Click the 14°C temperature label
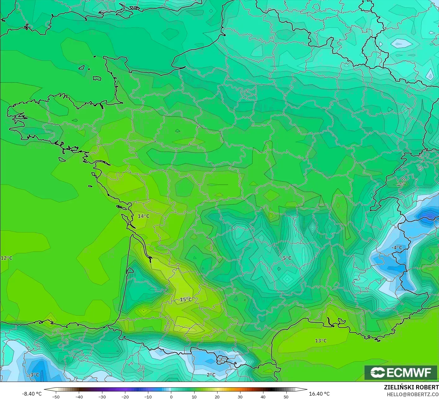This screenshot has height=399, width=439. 143,216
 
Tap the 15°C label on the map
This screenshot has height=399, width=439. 186,299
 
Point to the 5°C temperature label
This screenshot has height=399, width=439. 287,258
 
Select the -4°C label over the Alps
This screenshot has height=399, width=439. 396,247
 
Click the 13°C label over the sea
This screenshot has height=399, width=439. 321,341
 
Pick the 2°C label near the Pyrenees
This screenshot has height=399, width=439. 211,375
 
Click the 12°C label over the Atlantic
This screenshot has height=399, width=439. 6,258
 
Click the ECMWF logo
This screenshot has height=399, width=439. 401,372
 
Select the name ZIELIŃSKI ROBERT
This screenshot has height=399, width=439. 411,387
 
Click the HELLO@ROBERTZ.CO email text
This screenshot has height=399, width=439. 413,394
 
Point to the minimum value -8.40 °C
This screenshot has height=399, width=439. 32,394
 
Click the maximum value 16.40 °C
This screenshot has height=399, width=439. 319,394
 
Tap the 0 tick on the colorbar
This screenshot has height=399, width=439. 171,397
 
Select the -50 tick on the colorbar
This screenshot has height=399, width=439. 56,397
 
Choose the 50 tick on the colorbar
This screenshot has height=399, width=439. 286,397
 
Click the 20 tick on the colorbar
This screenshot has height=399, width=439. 217,397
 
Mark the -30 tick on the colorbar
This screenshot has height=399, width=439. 102,397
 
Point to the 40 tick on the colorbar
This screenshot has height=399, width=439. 263,397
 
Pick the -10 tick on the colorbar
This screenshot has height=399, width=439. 148,397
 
